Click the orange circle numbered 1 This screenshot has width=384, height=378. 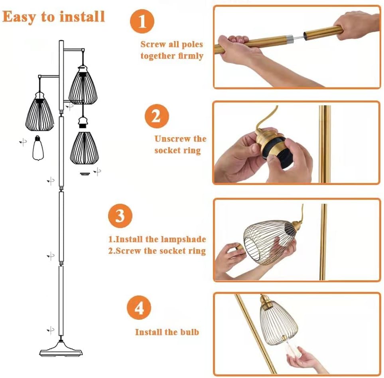click(x=142, y=21)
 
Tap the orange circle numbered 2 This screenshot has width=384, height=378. click(x=157, y=116)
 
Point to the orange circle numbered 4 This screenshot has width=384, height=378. click(x=139, y=307)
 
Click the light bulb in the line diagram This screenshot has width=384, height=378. click(x=38, y=148)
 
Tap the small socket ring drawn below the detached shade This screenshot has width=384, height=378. click(x=85, y=174)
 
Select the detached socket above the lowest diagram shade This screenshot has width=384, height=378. click(x=83, y=123)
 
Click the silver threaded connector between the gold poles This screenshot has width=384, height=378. click(x=290, y=38)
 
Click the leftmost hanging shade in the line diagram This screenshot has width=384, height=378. click(x=39, y=112)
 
